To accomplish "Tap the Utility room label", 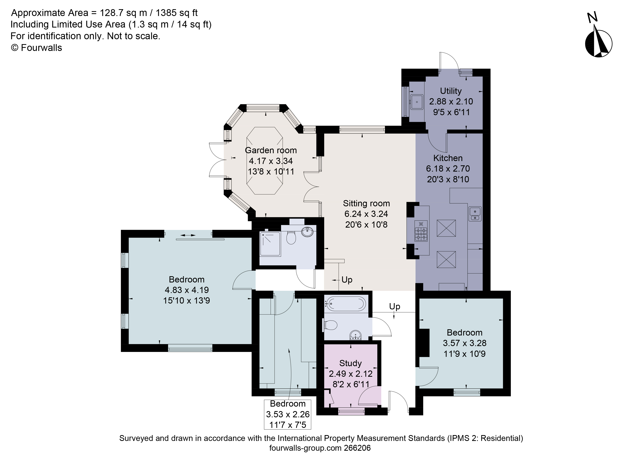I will (451, 91).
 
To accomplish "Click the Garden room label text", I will (271, 150).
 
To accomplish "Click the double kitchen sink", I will (475, 214).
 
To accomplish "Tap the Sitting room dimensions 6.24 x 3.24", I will (366, 214).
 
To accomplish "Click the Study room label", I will (350, 363).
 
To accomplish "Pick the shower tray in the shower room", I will (270, 244).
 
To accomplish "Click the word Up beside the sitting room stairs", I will (347, 280).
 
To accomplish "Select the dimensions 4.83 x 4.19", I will (187, 290).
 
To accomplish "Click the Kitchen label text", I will (448, 158).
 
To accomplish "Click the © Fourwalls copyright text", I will (36, 48).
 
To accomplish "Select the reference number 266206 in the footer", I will (357, 448).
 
